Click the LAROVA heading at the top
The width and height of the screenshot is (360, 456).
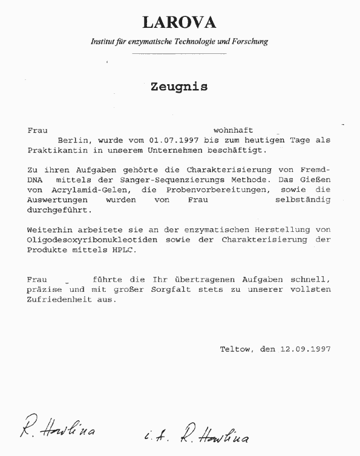click(x=179, y=23)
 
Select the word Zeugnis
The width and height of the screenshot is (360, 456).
click(x=179, y=87)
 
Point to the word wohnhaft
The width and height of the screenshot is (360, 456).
click(x=233, y=130)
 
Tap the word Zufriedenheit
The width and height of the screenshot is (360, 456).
click(x=59, y=299)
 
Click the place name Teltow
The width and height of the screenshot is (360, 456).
click(x=235, y=349)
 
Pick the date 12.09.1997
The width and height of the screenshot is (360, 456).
click(x=305, y=349)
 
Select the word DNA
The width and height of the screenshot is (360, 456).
click(x=36, y=180)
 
